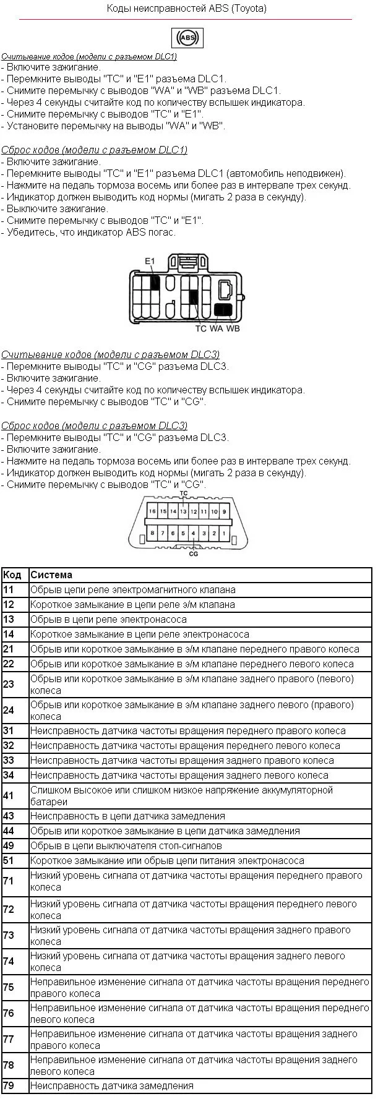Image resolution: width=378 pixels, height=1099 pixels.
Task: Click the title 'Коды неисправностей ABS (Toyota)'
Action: pos(187,9)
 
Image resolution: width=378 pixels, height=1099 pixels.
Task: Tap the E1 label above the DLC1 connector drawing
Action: pos(150,262)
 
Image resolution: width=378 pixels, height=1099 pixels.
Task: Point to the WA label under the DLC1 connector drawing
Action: pos(216,328)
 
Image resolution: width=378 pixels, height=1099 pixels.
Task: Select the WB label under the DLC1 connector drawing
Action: pos(233,328)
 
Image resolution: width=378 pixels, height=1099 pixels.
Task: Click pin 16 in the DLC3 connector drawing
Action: pos(152,512)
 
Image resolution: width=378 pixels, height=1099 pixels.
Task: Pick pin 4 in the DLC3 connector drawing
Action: pos(194,532)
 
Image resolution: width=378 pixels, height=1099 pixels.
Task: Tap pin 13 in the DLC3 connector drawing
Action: pos(183,512)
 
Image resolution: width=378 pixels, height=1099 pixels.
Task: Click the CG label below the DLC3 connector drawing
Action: pos(194,554)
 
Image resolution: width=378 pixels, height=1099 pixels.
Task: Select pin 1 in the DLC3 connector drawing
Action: pos(224,532)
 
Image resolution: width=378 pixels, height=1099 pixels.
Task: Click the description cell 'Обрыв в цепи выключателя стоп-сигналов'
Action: pos(126,846)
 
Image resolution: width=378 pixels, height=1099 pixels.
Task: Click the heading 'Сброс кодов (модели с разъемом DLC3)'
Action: pos(94,426)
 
